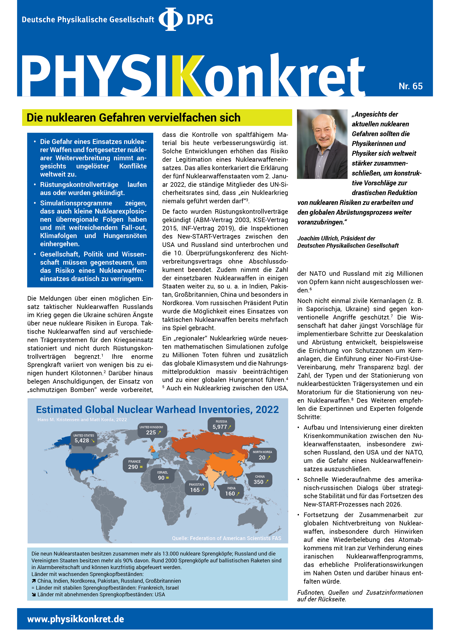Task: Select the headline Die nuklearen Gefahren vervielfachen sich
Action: point(133,117)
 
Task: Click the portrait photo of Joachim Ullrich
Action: point(322,144)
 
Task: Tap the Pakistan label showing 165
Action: point(197,488)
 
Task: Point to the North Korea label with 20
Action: point(262,455)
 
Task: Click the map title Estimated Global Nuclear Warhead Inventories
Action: point(157,409)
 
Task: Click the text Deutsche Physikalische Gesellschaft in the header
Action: point(88,20)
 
